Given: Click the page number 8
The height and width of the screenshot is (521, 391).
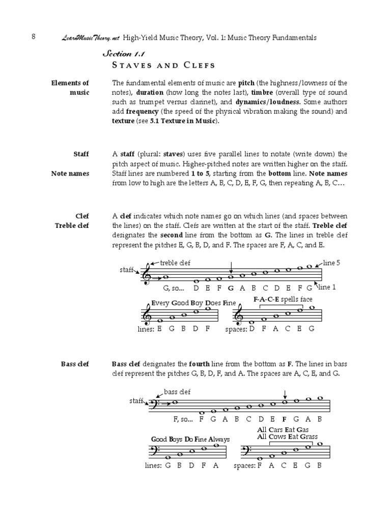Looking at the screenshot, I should pyautogui.click(x=33, y=37).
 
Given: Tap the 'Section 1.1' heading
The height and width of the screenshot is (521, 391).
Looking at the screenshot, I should pyautogui.click(x=121, y=53).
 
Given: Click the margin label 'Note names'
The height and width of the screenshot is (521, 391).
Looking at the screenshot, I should pyautogui.click(x=70, y=173).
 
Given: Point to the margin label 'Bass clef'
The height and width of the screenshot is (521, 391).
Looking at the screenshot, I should pyautogui.click(x=75, y=364).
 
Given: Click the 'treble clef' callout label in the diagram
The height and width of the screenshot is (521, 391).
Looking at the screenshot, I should pyautogui.click(x=175, y=263).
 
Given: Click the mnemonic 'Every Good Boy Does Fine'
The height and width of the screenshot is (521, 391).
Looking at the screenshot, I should pyautogui.click(x=193, y=303).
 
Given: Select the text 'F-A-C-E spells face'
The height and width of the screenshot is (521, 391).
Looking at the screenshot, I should pyautogui.click(x=283, y=299).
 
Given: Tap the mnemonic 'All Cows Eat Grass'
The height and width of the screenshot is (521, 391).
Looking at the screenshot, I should pyautogui.click(x=288, y=437).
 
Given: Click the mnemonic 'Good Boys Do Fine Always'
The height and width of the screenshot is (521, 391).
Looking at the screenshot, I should pyautogui.click(x=190, y=439).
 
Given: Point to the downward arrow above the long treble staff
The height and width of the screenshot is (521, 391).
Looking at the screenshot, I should pyautogui.click(x=231, y=267).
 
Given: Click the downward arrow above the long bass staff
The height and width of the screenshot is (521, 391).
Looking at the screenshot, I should pyautogui.click(x=285, y=394).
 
